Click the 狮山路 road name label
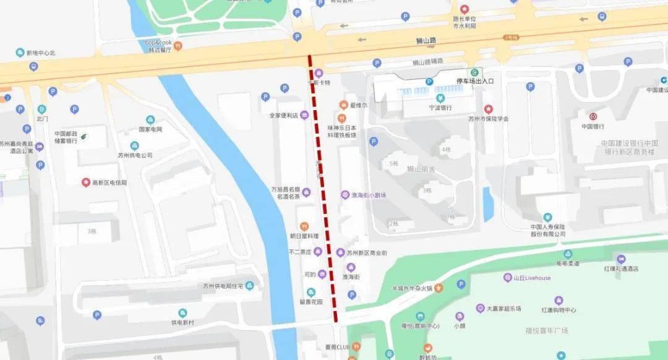click(x=426, y=40)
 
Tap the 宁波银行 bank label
click(x=441, y=108)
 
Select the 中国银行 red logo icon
click(x=592, y=116)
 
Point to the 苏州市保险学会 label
click(x=487, y=119)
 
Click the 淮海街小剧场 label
click(x=369, y=195)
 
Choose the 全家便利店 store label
click(x=283, y=115)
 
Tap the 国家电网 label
click(x=150, y=129)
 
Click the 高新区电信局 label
click(x=109, y=182)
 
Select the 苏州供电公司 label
click(x=135, y=155)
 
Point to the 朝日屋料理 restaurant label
click(x=304, y=236)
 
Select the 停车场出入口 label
click(x=475, y=81)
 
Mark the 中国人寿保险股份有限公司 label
click(x=547, y=230)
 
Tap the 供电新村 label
click(x=182, y=322)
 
